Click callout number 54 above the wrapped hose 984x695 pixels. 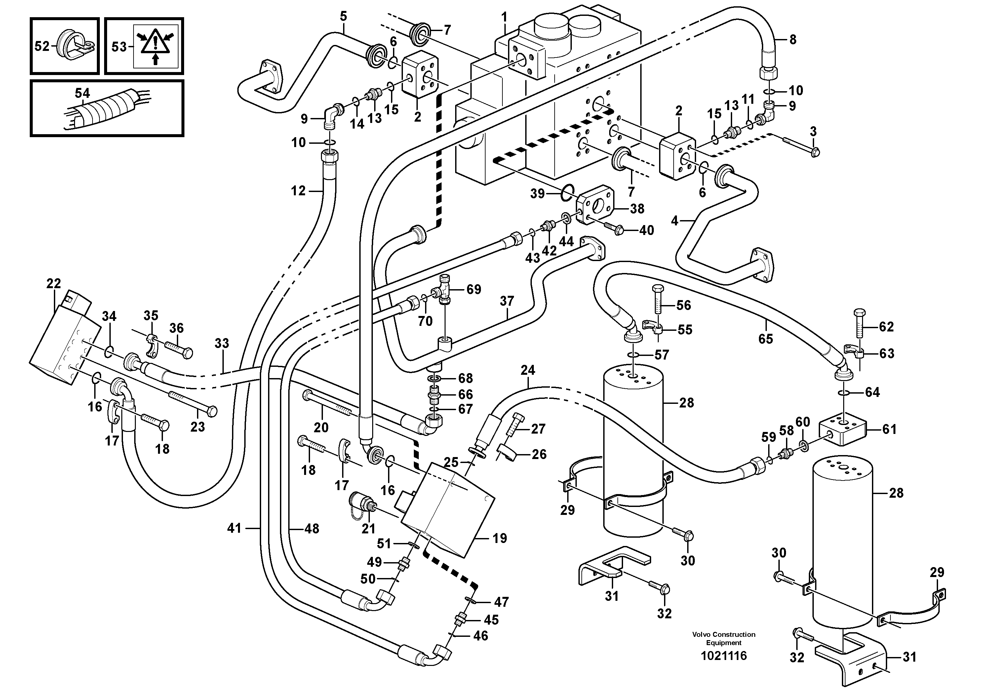coord(82,93)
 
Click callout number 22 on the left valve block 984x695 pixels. coord(54,283)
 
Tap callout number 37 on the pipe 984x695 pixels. coord(507,301)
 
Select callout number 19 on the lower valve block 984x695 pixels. coord(500,538)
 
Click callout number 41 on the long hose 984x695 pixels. coord(234,528)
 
